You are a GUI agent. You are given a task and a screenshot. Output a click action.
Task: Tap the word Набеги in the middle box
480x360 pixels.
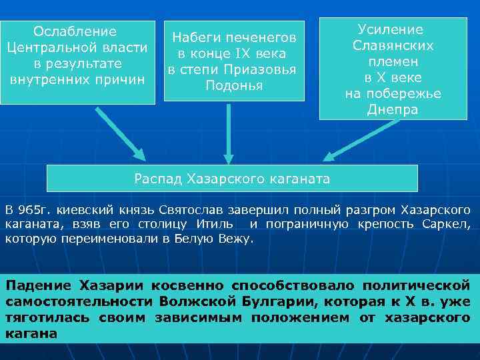193,37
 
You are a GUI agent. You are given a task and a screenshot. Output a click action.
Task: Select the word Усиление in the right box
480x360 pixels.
391,30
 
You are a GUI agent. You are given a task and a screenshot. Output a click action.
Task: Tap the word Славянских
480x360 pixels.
393,46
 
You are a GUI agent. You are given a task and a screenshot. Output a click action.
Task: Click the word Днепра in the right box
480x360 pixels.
393,110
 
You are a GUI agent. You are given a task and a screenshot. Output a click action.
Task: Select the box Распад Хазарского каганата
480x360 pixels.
232,179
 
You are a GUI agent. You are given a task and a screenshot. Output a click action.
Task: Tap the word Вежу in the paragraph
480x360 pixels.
235,238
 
